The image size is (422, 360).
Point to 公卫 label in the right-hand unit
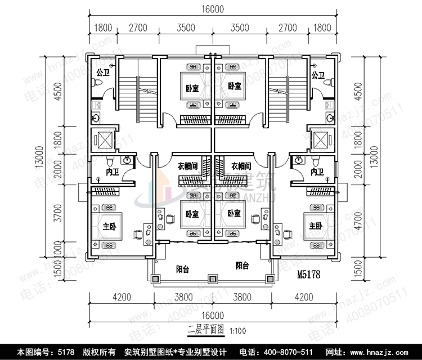pyautogui.click(x=318, y=74)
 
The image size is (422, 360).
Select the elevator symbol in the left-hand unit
pyautogui.click(x=105, y=140)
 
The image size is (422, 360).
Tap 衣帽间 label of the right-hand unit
pyautogui.click(x=241, y=166)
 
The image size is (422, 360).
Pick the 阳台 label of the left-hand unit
pyautogui.click(x=182, y=269)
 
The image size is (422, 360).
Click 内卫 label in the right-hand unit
pyautogui.click(x=317, y=172)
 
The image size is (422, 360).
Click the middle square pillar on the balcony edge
pyautogui.click(x=212, y=278)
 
